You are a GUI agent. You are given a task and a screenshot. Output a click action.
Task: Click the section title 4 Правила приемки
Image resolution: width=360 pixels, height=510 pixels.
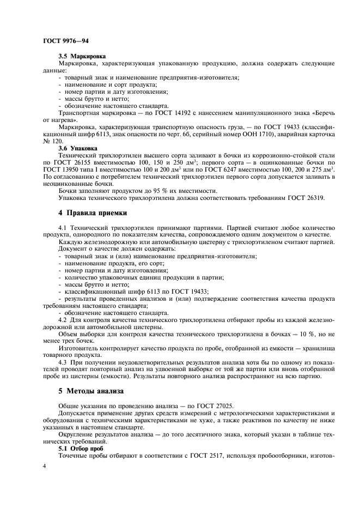pos(93,214)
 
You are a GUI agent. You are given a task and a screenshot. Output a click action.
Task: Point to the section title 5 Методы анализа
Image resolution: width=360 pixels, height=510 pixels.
pos(90,391)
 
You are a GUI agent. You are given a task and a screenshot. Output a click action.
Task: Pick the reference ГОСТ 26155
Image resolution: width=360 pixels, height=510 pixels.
pos(69,162)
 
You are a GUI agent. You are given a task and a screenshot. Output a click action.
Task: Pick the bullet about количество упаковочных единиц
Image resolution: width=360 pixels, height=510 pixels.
pos(145,276)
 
